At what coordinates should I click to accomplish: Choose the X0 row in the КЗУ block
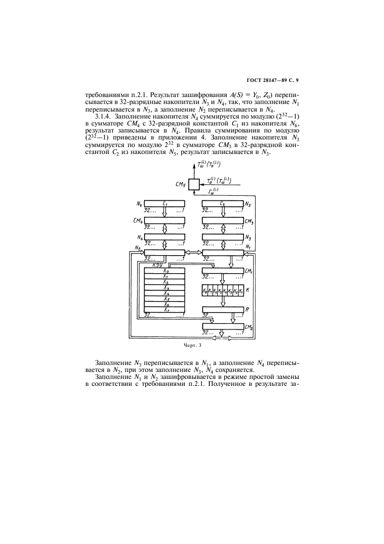click(x=165, y=271)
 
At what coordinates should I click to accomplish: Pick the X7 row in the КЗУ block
click(x=165, y=310)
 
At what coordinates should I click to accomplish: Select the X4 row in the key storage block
click(x=165, y=294)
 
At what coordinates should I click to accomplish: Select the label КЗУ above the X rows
click(x=156, y=265)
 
